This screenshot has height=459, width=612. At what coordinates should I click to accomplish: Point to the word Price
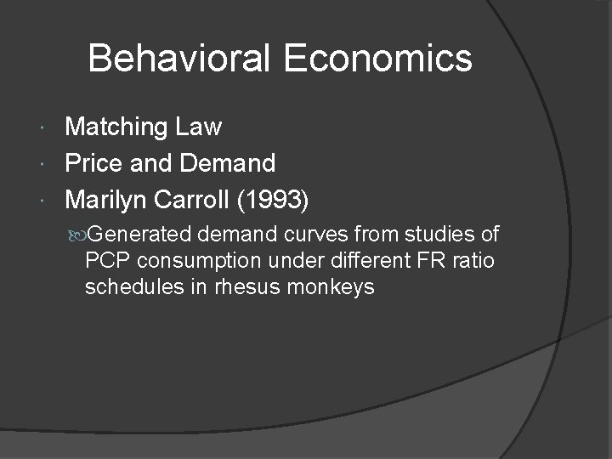coord(95,162)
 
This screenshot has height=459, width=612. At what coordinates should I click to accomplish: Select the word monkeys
coord(333,287)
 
